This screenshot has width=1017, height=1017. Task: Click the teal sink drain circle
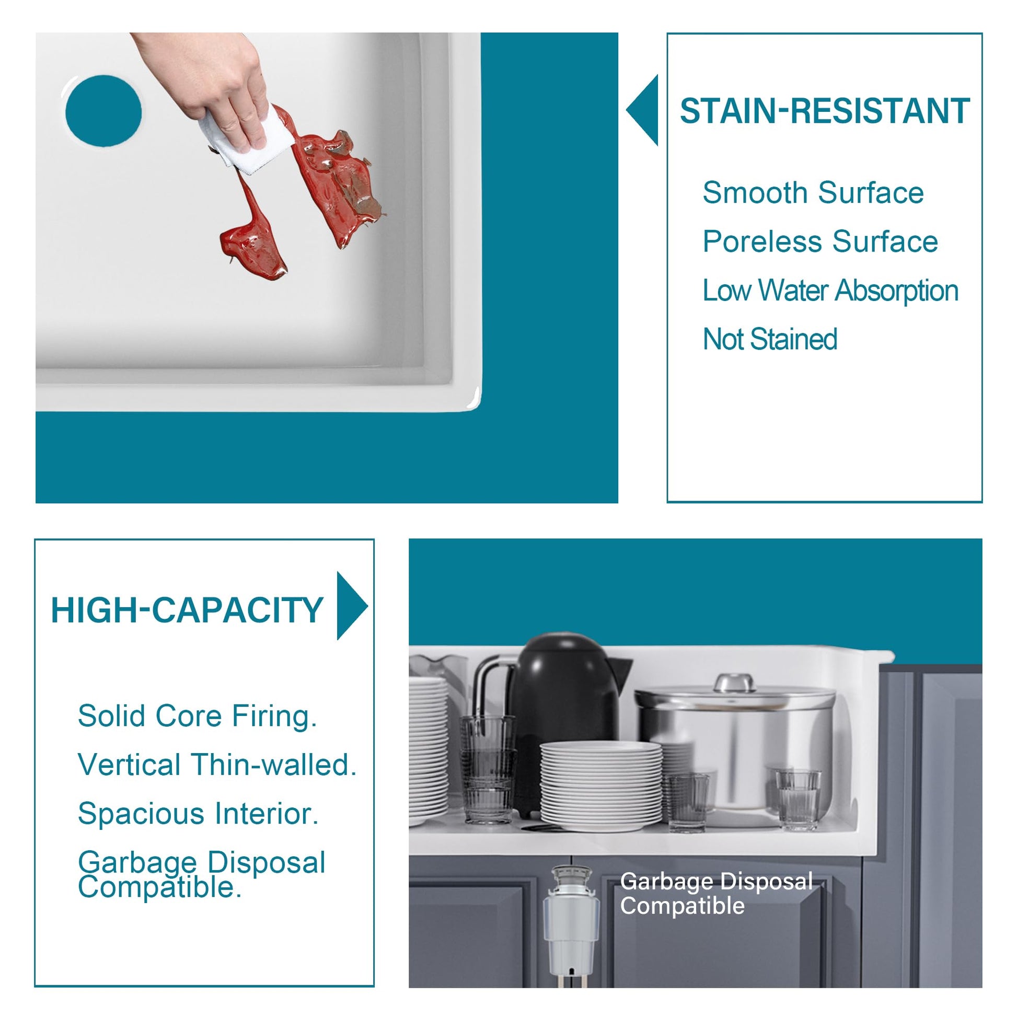(103, 111)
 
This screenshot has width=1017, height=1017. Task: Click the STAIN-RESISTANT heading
(825, 111)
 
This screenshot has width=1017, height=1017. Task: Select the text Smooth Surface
(813, 193)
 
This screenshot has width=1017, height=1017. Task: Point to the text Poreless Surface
(820, 241)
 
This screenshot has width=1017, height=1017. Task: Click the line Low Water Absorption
(830, 291)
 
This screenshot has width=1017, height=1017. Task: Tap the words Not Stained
(770, 339)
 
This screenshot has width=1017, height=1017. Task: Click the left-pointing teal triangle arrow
(642, 110)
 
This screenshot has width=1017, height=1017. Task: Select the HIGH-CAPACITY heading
(187, 610)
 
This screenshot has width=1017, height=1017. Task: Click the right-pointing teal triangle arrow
(352, 606)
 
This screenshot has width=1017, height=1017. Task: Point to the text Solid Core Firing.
(198, 716)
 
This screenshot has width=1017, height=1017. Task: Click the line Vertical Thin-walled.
(217, 765)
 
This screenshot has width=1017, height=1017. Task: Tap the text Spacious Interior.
(199, 814)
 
